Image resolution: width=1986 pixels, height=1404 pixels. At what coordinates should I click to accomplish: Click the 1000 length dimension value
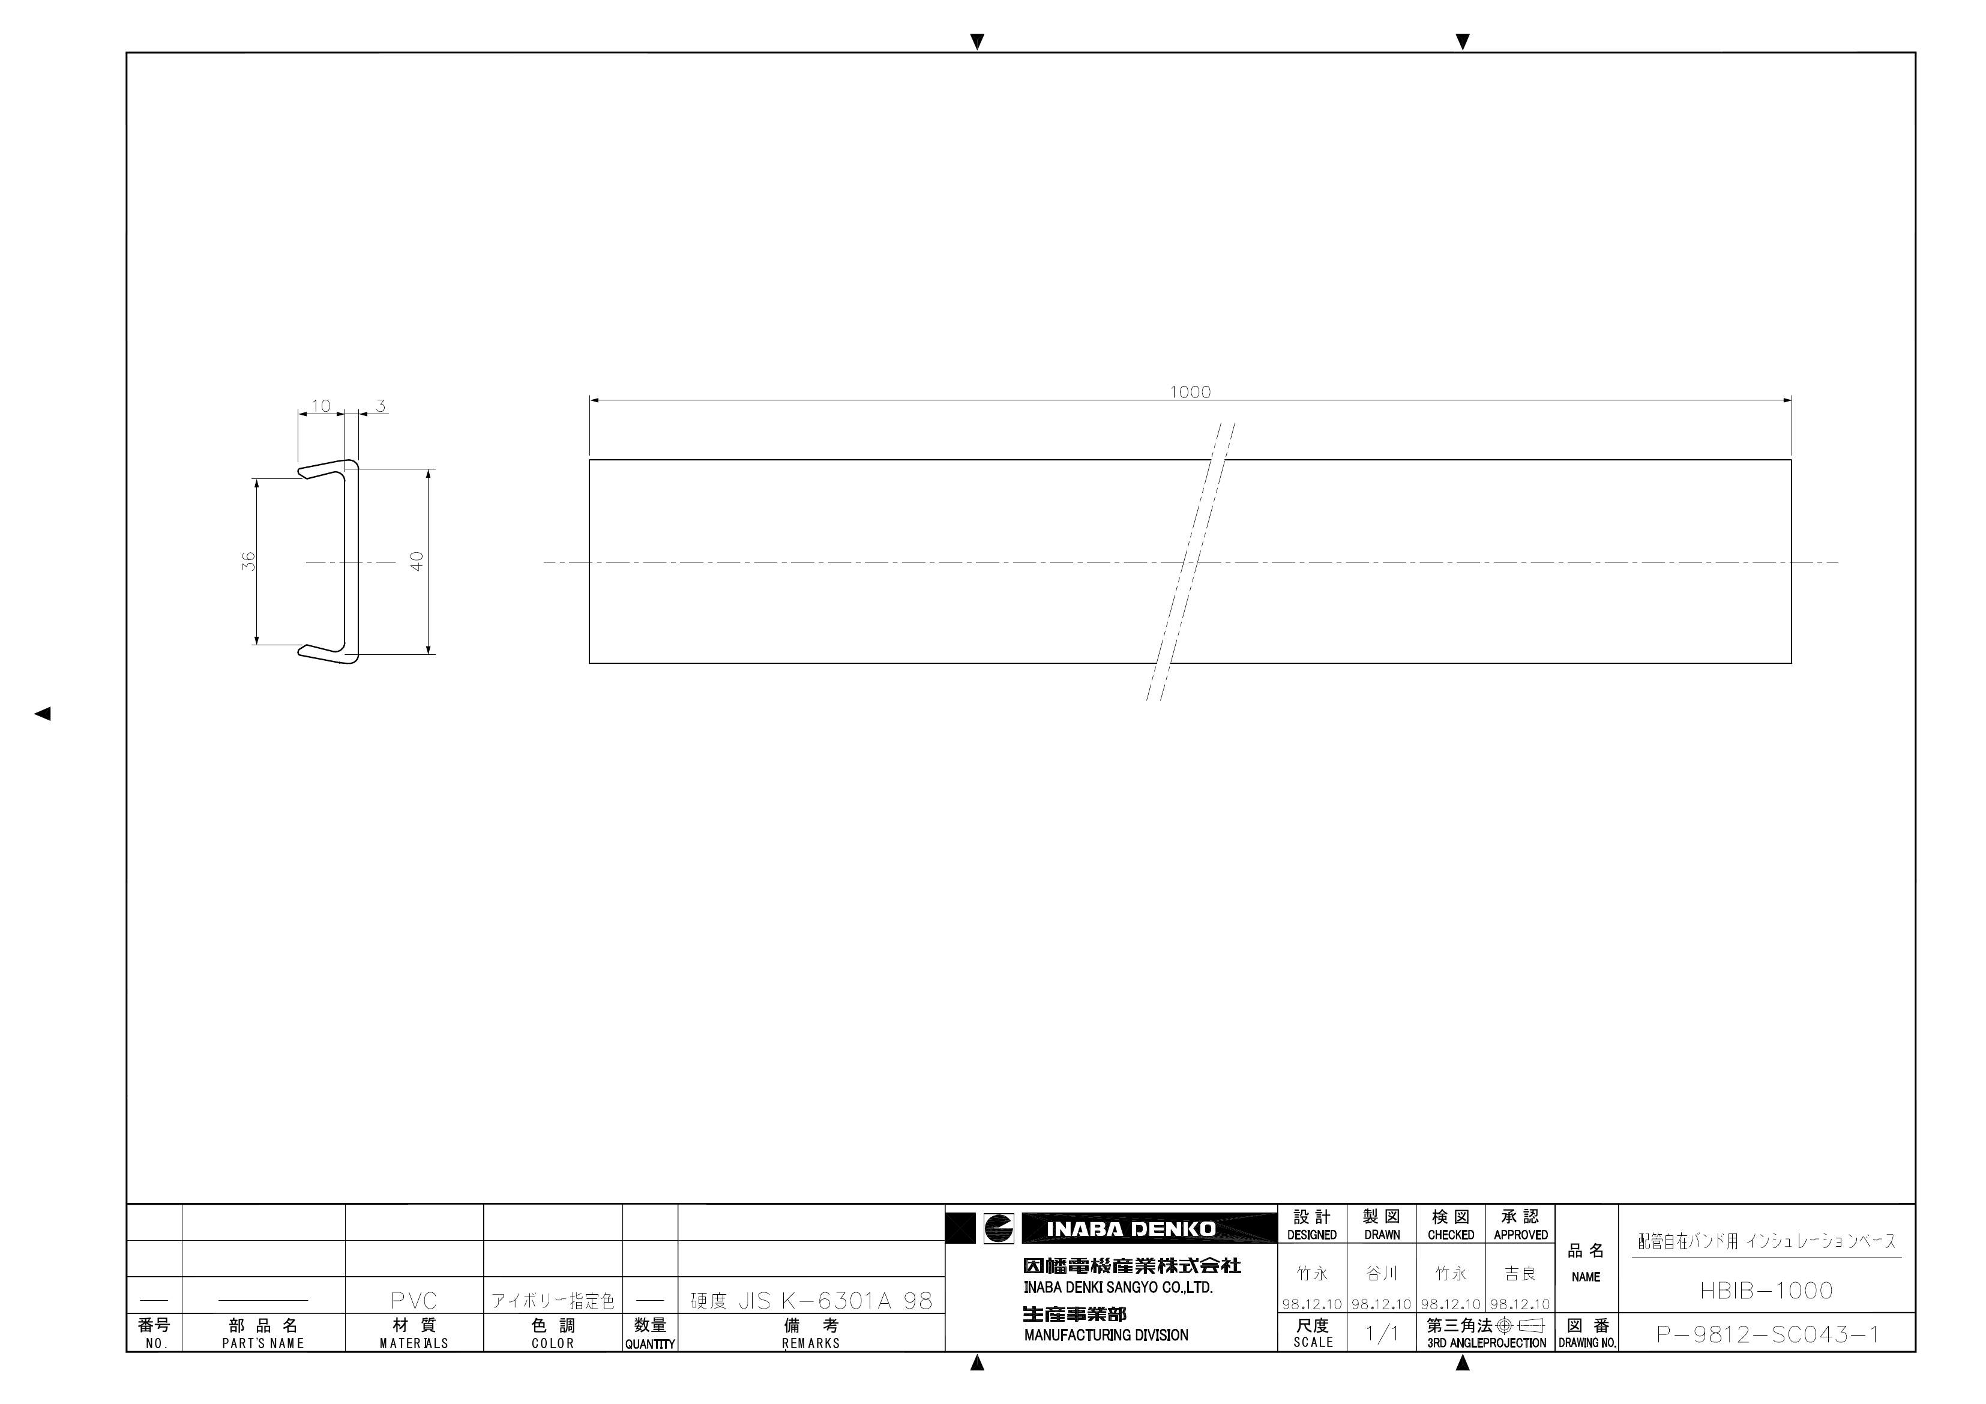(x=1190, y=392)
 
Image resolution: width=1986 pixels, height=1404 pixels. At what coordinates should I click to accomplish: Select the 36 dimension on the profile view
(x=249, y=561)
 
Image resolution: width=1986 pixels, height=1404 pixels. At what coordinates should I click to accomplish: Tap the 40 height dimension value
(x=417, y=561)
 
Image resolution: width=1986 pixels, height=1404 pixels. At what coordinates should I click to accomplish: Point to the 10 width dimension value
(x=321, y=406)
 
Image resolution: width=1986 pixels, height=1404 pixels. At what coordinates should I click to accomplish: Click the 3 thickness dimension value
(x=381, y=406)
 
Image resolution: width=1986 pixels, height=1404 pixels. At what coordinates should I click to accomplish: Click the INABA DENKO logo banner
(x=1131, y=1228)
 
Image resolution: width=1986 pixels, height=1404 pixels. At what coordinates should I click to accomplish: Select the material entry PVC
(x=414, y=1300)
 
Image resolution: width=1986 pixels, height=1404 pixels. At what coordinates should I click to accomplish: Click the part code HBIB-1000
(x=1766, y=1291)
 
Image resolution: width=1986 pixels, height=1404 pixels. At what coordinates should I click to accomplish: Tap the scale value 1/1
(x=1382, y=1333)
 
